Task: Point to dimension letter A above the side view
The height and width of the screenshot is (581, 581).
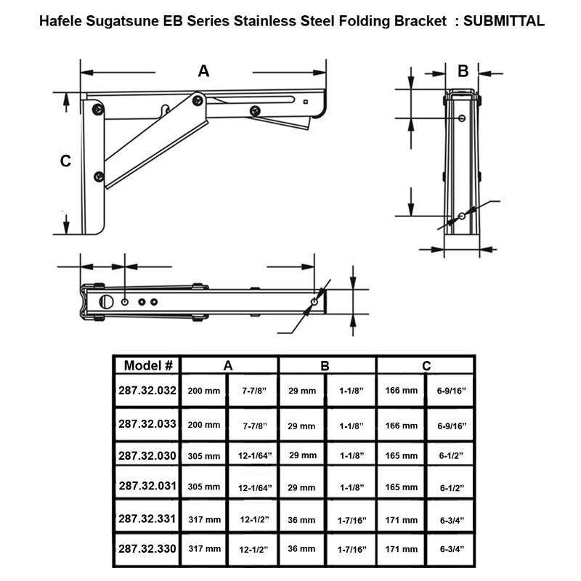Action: [x=204, y=70]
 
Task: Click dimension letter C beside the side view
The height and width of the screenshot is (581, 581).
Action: [x=65, y=161]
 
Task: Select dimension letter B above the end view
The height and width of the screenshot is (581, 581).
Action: [x=463, y=70]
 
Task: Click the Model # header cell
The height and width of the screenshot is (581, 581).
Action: [x=147, y=365]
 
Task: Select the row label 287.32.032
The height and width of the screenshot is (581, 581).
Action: [x=147, y=390]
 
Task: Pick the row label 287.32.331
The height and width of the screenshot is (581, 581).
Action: [x=147, y=518]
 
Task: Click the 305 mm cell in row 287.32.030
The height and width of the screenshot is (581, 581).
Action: [x=204, y=455]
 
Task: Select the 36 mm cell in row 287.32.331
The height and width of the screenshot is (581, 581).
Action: [x=302, y=520]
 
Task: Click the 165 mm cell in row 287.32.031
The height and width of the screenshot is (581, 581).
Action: [x=402, y=487]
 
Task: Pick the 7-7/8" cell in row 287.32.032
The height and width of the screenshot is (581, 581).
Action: [x=253, y=391]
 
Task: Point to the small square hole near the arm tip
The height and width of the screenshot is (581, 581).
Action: [x=306, y=102]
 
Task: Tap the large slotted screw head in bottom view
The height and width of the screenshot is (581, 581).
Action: [x=106, y=301]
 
